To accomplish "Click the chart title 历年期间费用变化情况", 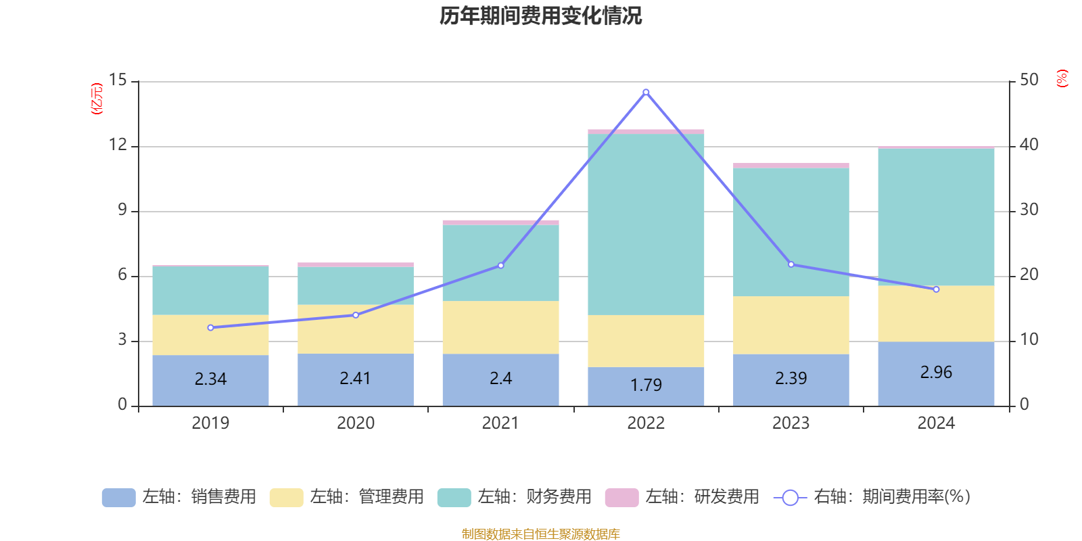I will coord(540,16).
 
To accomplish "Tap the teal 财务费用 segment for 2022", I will coord(646,223).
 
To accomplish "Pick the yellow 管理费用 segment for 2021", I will coord(500,327).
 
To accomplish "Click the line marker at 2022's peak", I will coord(646,92).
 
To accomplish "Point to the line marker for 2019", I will coord(210,327).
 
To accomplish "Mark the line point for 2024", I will coord(936,289).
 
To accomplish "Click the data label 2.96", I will coord(936,372).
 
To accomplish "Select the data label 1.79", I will coord(646,385).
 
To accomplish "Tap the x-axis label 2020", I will coord(356,423).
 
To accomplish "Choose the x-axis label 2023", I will coord(791,423).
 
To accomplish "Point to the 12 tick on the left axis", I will coord(118,145).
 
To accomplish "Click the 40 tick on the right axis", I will coord(1029,145).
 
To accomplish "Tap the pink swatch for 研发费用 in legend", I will coord(621,498).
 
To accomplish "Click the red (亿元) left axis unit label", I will coord(97,99).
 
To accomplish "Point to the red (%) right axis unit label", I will coord(1062,78).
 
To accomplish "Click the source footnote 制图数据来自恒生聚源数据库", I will coord(540,534).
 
